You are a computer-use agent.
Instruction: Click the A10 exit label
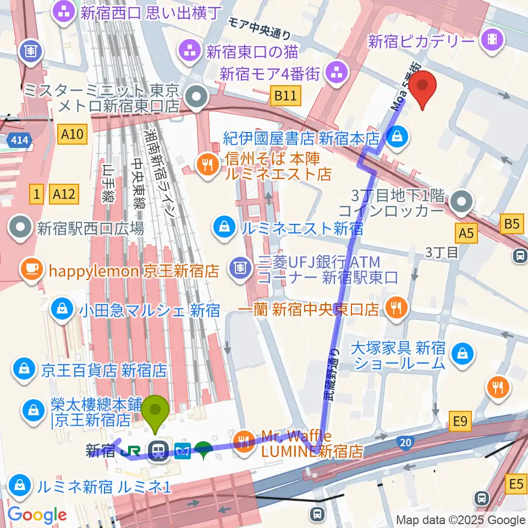tap(71, 134)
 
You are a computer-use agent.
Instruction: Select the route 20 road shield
tap(406, 441)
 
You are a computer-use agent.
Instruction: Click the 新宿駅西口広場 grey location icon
tap(21, 228)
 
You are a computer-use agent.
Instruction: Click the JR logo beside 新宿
tap(134, 450)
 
